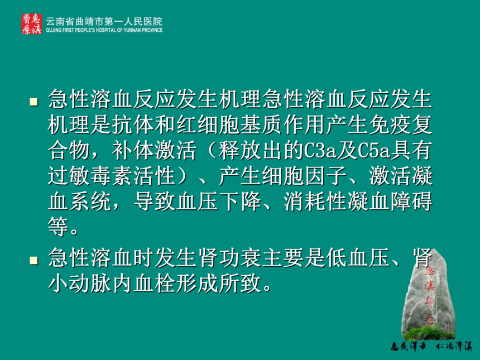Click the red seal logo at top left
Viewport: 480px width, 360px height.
tap(31, 24)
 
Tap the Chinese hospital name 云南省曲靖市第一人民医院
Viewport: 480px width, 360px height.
tap(104, 21)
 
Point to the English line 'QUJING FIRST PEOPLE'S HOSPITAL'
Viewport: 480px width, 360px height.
tap(104, 30)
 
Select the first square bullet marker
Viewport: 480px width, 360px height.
tap(33, 102)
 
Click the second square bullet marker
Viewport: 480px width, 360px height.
tap(33, 261)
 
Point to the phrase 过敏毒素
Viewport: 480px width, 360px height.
tap(90, 176)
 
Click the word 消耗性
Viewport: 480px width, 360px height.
tap(315, 201)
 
